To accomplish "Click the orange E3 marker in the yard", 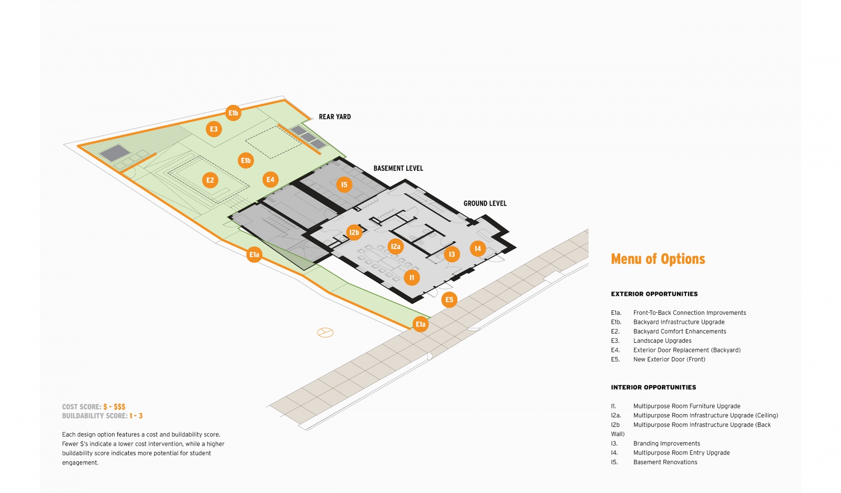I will pyautogui.click(x=213, y=129).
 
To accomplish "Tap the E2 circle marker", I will pyautogui.click(x=210, y=180).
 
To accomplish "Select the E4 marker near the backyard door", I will pyautogui.click(x=270, y=180).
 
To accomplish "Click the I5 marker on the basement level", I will pyautogui.click(x=344, y=185).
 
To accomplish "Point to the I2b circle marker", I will pyautogui.click(x=354, y=232).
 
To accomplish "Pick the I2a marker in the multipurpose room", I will pyautogui.click(x=396, y=246).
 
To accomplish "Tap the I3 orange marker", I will pyautogui.click(x=452, y=254).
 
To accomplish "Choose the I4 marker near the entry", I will pyautogui.click(x=477, y=249).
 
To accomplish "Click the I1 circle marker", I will pyautogui.click(x=412, y=278).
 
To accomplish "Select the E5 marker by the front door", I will pyautogui.click(x=449, y=300).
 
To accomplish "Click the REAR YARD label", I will pyautogui.click(x=334, y=117).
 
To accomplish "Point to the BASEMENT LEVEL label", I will pyautogui.click(x=398, y=168).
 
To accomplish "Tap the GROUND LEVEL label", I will pyautogui.click(x=485, y=203).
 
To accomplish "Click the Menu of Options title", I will pyautogui.click(x=658, y=259).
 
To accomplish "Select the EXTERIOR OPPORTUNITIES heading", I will pyautogui.click(x=654, y=294).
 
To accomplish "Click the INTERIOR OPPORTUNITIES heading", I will pyautogui.click(x=653, y=387).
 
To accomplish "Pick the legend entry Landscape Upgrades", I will pyautogui.click(x=662, y=341).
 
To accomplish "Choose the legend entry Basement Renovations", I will pyautogui.click(x=665, y=462).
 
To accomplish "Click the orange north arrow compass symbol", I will pyautogui.click(x=325, y=333).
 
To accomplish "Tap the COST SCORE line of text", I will pyautogui.click(x=94, y=407).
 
